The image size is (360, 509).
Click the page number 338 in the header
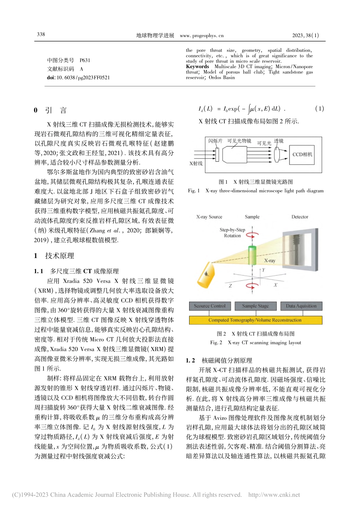[x=41, y=34]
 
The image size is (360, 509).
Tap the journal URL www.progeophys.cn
[x=202, y=36]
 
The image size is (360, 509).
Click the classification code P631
[x=85, y=60]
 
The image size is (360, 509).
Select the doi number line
[x=78, y=78]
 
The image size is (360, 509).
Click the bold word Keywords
[x=197, y=67]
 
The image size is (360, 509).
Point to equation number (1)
[x=319, y=109]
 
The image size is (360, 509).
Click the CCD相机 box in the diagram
[x=302, y=155]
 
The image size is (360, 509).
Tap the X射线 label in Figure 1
[x=196, y=164]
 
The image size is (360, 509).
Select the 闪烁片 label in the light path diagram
[x=215, y=141]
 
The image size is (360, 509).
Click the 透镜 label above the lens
[x=279, y=141]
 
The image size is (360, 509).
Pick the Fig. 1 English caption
[x=256, y=191]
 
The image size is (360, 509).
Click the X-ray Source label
[x=209, y=217]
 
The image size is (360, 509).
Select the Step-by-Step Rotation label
[x=232, y=233]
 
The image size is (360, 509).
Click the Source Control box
[x=210, y=306]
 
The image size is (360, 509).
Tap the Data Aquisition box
[x=301, y=306]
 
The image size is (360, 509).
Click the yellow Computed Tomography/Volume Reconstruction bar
[x=255, y=320]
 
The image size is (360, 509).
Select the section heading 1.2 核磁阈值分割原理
[x=219, y=361]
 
